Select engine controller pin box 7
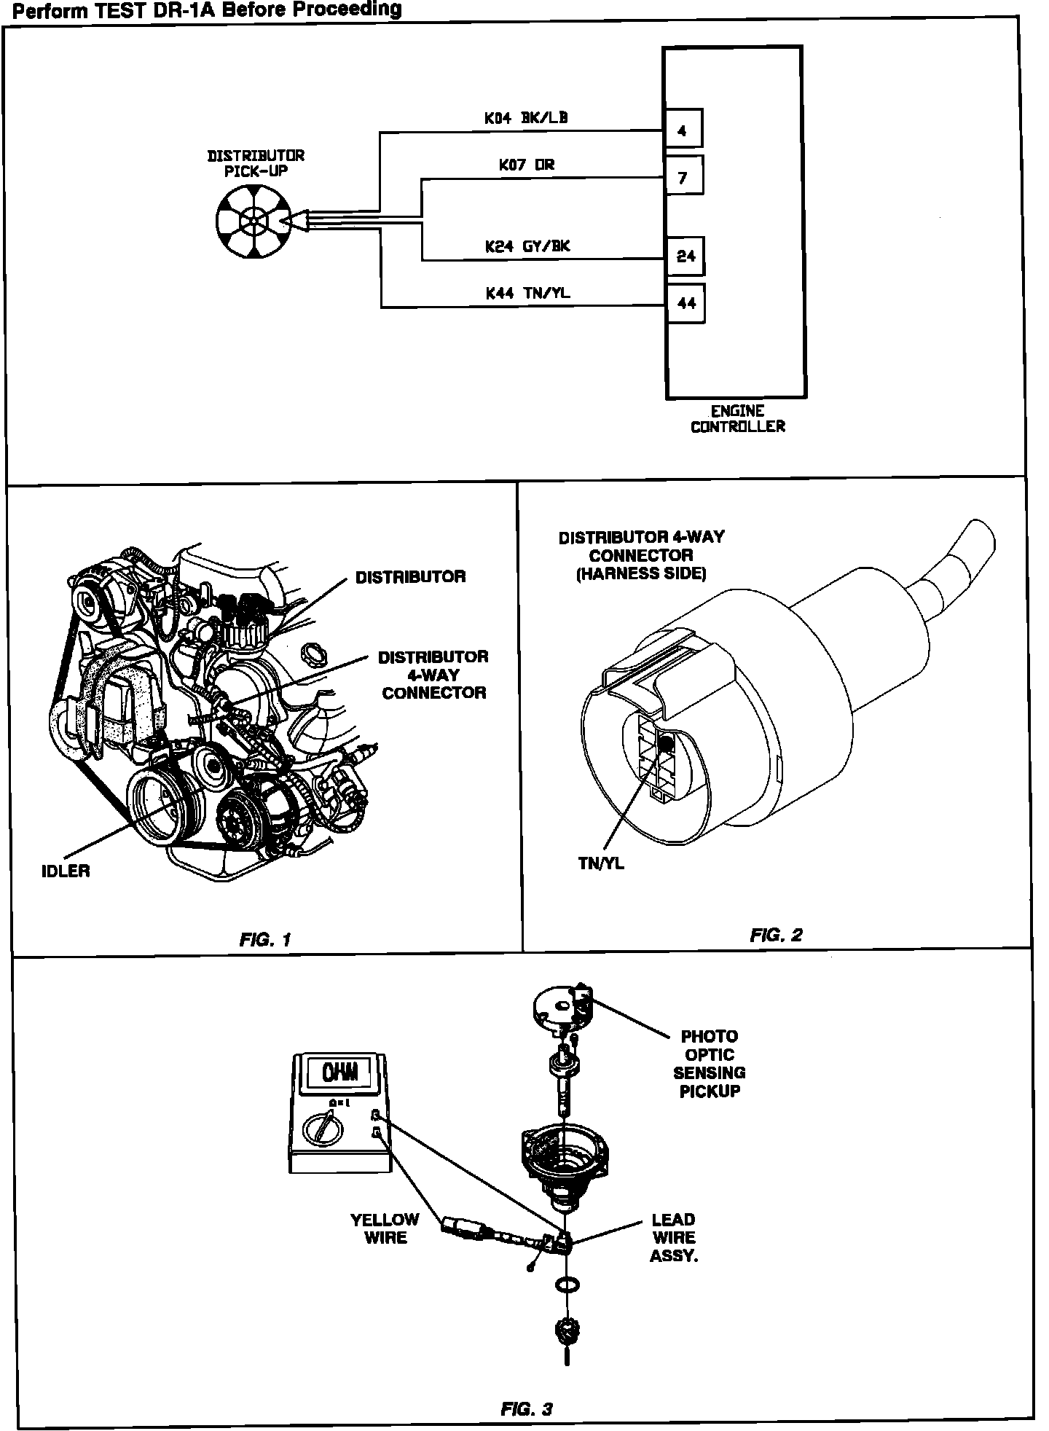tap(684, 177)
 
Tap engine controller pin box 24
tap(685, 256)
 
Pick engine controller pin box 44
tap(685, 303)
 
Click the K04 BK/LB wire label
tap(526, 118)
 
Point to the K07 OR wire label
tap(526, 165)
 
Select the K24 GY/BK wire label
tap(527, 246)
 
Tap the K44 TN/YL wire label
tap(527, 293)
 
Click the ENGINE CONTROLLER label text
tap(737, 419)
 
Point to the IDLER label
tap(66, 871)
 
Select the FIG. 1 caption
tap(265, 940)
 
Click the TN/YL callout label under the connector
tap(601, 865)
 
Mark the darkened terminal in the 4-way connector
tap(664, 744)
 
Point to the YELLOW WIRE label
tap(385, 1228)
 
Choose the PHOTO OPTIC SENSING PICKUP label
tap(709, 1063)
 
